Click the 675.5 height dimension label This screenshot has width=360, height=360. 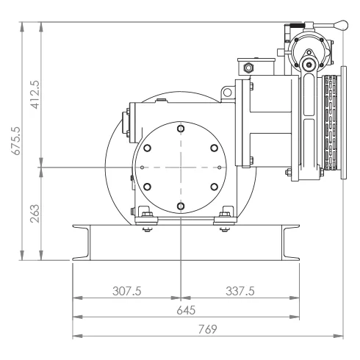[x=17, y=141]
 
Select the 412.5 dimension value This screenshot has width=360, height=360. [x=35, y=95]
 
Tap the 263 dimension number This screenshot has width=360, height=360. [x=35, y=214]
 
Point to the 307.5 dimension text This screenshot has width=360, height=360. [x=127, y=291]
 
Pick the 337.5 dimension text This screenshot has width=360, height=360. [x=240, y=291]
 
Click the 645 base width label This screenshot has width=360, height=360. [x=186, y=310]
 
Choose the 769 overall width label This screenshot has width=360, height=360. [x=208, y=329]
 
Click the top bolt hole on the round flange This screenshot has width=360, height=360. [x=181, y=129]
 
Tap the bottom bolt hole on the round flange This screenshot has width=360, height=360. [x=181, y=206]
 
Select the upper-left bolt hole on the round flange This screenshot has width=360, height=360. [x=147, y=148]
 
